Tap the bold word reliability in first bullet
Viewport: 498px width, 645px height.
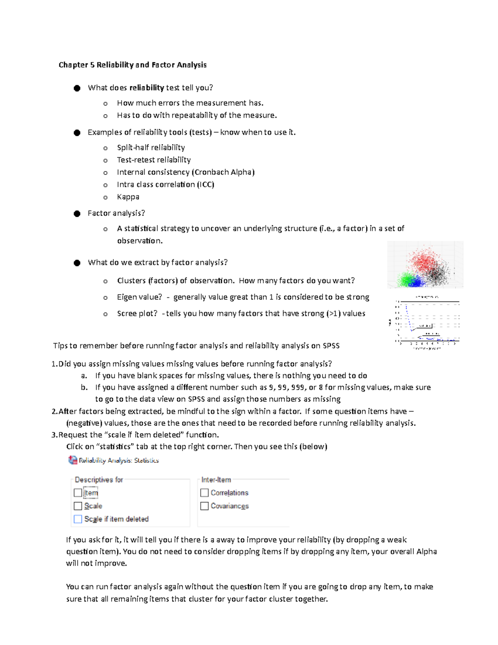click(x=146, y=88)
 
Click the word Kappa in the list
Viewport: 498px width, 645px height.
click(x=128, y=197)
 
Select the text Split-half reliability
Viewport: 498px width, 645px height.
click(x=151, y=147)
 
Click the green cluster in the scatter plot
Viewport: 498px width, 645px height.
click(x=404, y=279)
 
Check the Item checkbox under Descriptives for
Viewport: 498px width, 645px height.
click(x=78, y=493)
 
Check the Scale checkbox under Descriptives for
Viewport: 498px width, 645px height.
click(x=78, y=506)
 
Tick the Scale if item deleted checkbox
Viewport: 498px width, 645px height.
click(x=78, y=519)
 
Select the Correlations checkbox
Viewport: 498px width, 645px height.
click(x=205, y=493)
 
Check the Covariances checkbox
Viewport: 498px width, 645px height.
click(x=205, y=506)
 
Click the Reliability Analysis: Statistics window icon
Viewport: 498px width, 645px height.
click(x=73, y=460)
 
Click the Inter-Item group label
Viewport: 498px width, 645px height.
click(x=216, y=480)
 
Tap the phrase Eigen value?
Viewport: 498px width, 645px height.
click(x=139, y=297)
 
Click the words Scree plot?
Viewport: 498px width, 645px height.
click(x=137, y=314)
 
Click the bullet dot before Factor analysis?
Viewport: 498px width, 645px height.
click(x=77, y=213)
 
